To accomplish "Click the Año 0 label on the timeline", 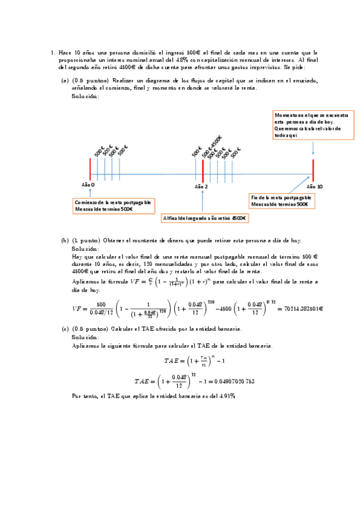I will (88, 185).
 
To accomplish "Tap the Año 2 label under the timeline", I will (201, 187).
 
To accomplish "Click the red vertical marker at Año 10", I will (313, 170).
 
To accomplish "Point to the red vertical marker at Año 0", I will (90, 169).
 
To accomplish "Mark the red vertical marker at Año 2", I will (203, 170).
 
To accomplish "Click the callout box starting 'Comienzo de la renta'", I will (112, 205).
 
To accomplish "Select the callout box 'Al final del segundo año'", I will (206, 218).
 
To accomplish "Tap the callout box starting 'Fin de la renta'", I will (281, 201).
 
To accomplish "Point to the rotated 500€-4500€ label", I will (215, 145).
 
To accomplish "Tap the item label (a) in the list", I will (65, 79).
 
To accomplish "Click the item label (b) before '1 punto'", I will (65, 240).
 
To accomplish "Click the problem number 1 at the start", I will (53, 53).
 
